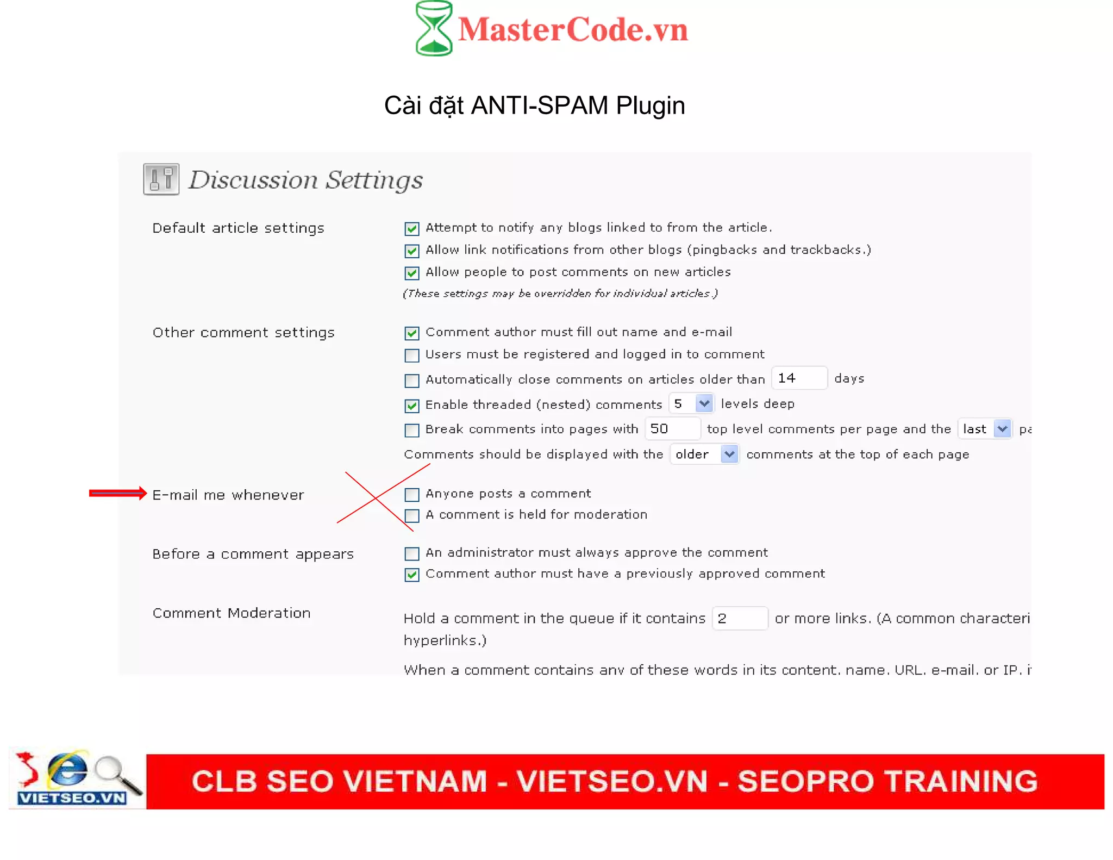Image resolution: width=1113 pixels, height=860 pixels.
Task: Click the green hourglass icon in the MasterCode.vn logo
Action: point(434,28)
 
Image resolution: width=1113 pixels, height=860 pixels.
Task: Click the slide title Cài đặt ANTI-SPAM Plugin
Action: point(534,105)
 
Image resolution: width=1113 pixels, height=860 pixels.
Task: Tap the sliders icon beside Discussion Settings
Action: point(161,179)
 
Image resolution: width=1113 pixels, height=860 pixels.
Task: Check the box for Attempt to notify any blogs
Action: point(412,229)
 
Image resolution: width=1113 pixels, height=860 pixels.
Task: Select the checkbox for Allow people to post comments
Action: point(412,273)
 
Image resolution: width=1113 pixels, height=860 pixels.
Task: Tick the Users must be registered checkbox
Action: point(412,356)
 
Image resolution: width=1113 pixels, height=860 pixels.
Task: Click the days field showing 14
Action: point(798,378)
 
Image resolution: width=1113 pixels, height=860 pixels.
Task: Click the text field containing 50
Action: point(672,429)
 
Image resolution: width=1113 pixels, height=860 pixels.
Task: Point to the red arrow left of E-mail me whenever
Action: point(118,493)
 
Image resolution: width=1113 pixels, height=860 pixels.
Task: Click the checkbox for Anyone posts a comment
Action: point(412,495)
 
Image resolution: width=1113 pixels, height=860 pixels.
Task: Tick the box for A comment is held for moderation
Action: point(412,515)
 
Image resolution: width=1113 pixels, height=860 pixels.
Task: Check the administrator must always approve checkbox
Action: point(412,554)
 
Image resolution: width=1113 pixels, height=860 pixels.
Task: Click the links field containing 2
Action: point(739,619)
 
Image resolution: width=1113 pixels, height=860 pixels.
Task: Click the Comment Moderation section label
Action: point(232,613)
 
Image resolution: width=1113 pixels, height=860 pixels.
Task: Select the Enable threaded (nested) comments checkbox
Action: point(412,406)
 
